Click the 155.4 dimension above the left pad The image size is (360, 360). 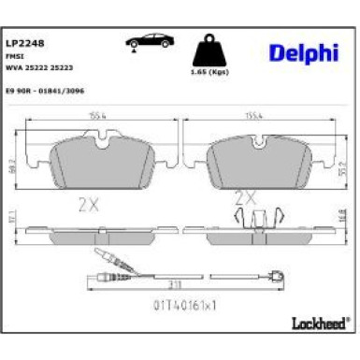[97, 114]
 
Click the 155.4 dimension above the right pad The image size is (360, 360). [253, 114]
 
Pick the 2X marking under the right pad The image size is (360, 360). [244, 197]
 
